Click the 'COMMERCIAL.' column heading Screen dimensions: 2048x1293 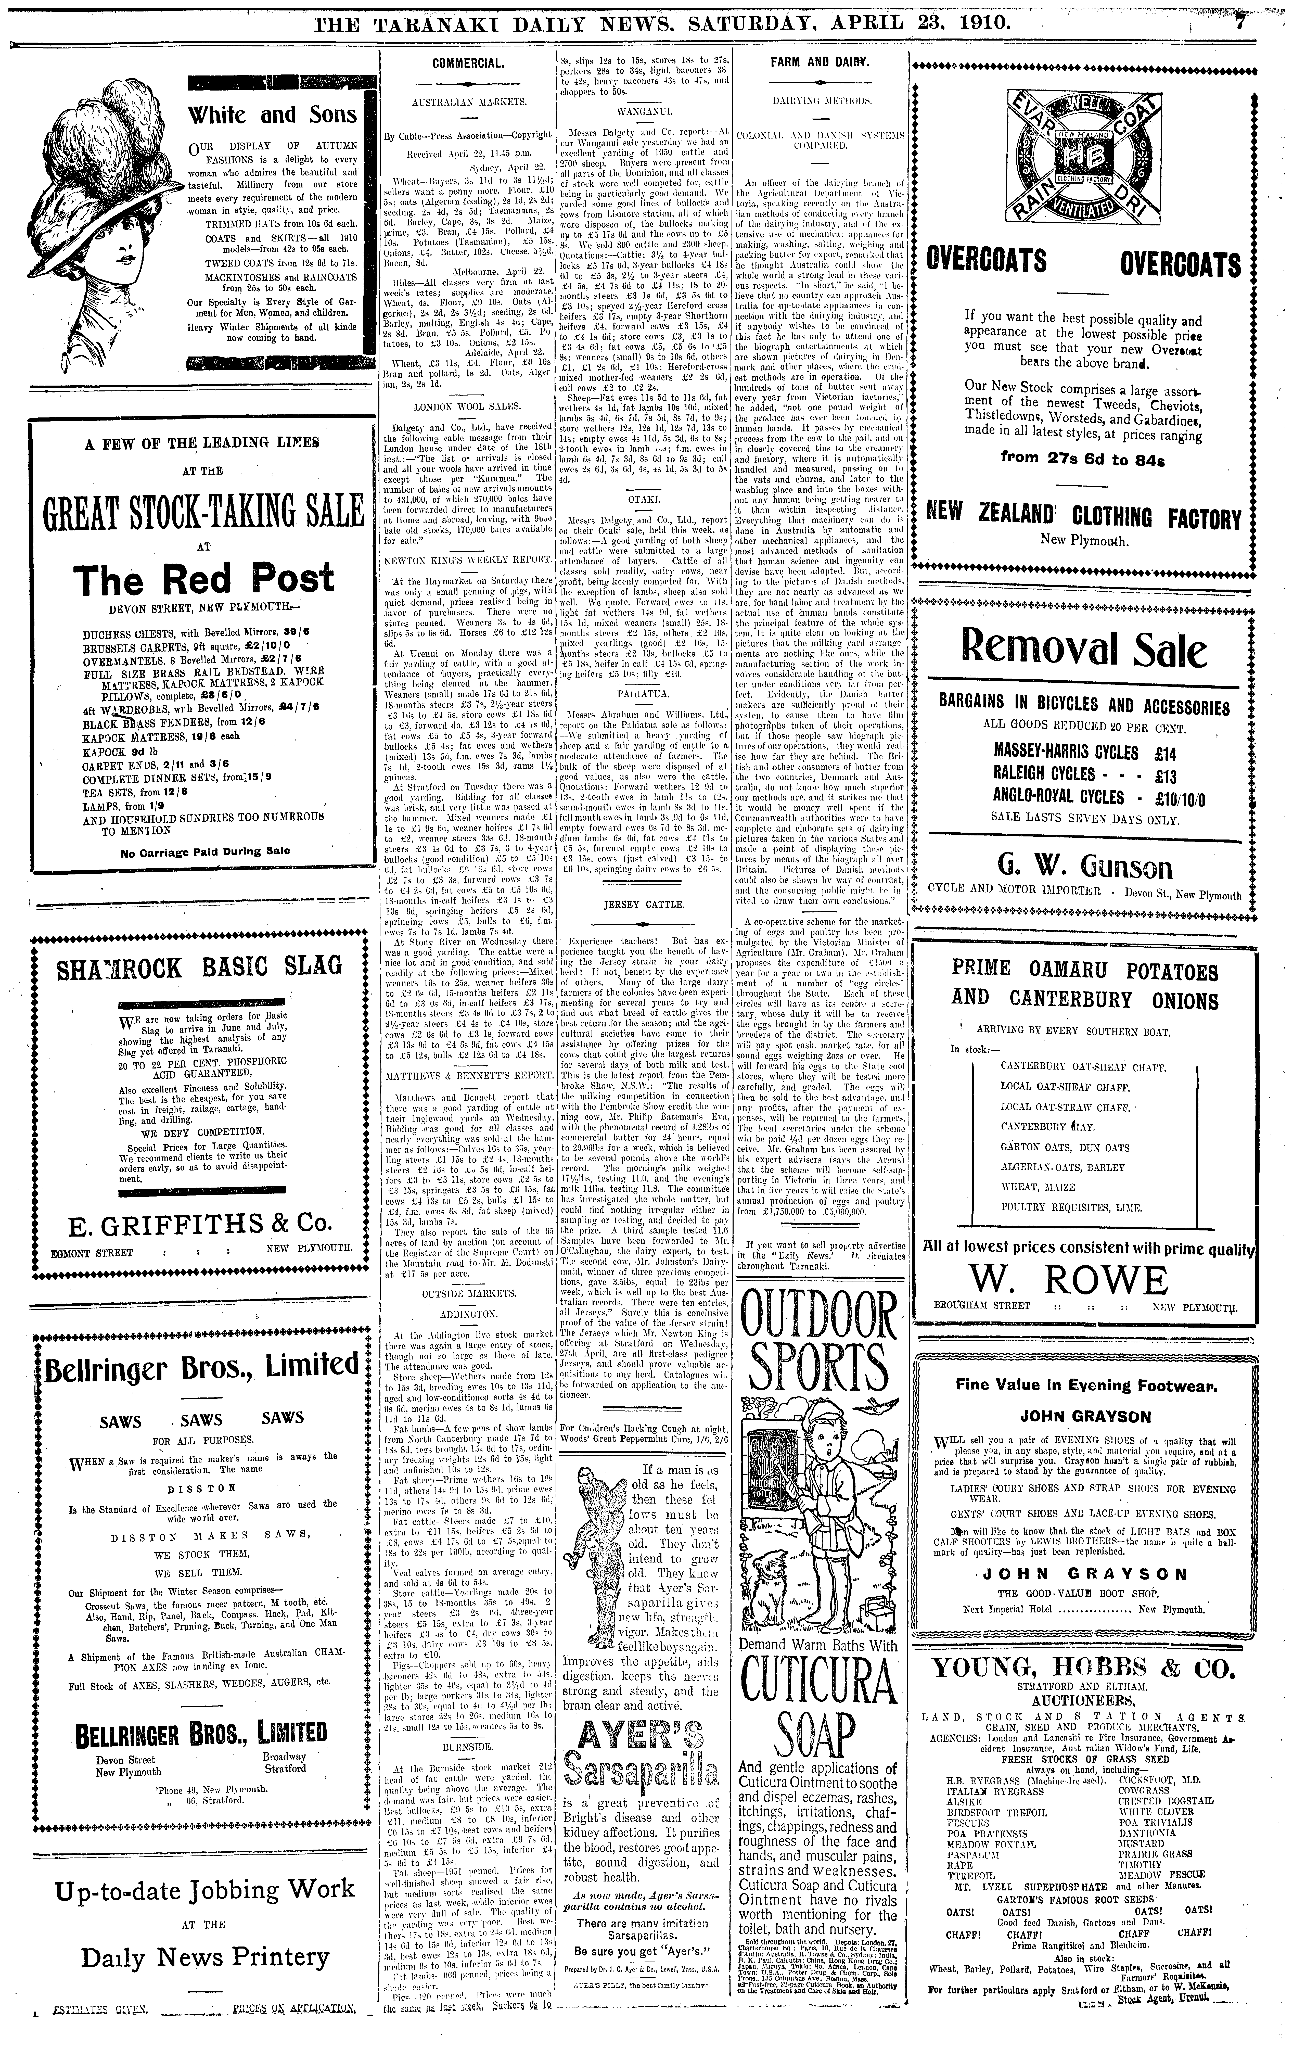pyautogui.click(x=468, y=63)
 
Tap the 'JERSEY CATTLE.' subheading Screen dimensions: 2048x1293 pyautogui.click(x=644, y=904)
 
